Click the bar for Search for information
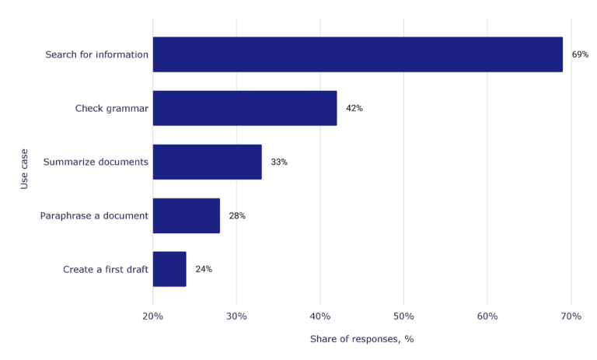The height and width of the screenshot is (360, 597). pyautogui.click(x=358, y=54)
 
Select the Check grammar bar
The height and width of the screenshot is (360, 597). pyautogui.click(x=245, y=108)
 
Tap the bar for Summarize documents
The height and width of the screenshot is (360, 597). pyautogui.click(x=207, y=162)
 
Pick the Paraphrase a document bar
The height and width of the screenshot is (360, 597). pyautogui.click(x=187, y=215)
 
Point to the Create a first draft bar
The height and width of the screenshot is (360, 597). pyautogui.click(x=169, y=269)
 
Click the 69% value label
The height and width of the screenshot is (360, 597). pyautogui.click(x=580, y=54)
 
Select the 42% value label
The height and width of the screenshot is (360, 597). pyautogui.click(x=354, y=108)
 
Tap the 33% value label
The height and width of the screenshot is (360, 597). pyautogui.click(x=279, y=162)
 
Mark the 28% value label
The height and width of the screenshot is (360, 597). pyautogui.click(x=237, y=215)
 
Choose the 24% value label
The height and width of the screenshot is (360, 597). pyautogui.click(x=204, y=269)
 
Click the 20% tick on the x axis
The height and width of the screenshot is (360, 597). pyautogui.click(x=153, y=316)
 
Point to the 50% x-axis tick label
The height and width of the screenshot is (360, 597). pyautogui.click(x=403, y=316)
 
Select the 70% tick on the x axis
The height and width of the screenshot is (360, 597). pyautogui.click(x=571, y=316)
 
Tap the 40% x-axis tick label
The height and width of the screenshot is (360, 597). pyautogui.click(x=320, y=316)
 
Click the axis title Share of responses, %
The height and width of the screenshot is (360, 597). pyautogui.click(x=361, y=339)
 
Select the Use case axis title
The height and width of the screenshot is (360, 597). pyautogui.click(x=25, y=169)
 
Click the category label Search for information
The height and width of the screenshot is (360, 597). pyautogui.click(x=96, y=54)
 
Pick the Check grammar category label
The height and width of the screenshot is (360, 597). pyautogui.click(x=111, y=108)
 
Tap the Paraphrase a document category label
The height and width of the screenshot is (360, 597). pyautogui.click(x=94, y=215)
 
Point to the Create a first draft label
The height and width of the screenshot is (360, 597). pyautogui.click(x=105, y=269)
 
